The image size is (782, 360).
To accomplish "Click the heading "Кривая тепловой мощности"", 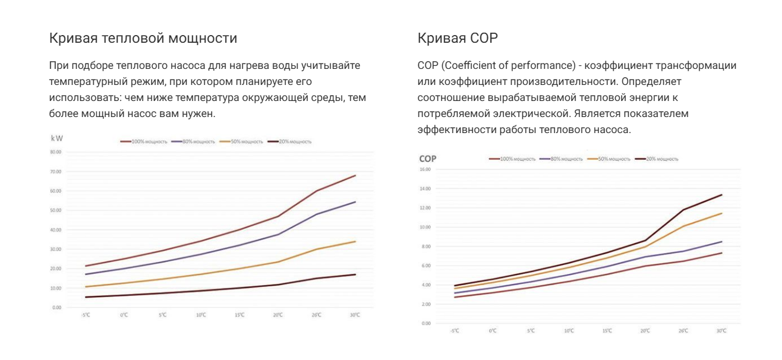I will (x=144, y=39).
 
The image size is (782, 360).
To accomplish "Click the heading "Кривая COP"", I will (x=458, y=39).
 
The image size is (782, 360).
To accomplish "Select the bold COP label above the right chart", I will (x=429, y=159).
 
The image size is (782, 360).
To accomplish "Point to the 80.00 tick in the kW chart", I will (x=56, y=152).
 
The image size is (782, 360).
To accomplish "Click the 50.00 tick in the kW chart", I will (x=56, y=210).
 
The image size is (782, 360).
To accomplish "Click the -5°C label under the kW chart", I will (x=86, y=315).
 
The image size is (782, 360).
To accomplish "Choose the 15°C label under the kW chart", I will (x=239, y=315).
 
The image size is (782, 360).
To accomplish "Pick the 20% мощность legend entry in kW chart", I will (x=289, y=141).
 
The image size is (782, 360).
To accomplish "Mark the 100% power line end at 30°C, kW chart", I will (x=355, y=175).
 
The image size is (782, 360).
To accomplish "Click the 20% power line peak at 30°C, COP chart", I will (x=721, y=195).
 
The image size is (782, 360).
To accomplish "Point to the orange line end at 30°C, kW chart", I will (x=355, y=241).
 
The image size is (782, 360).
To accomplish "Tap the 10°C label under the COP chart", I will (x=569, y=330).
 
